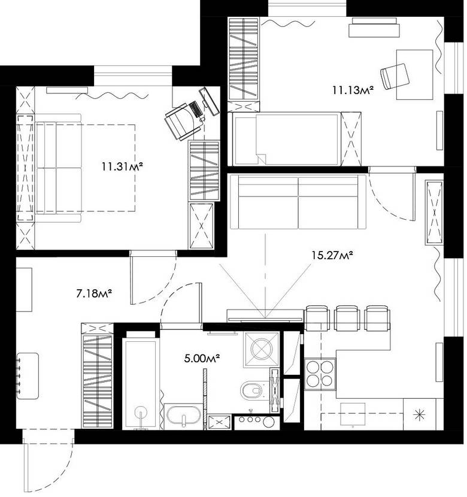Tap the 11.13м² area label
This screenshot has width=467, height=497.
pos(353,90)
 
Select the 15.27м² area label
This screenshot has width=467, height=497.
pos(331,256)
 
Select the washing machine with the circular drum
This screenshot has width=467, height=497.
pos(261,348)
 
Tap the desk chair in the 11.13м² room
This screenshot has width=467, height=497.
pos(396,75)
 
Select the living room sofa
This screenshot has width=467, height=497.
pos(298,202)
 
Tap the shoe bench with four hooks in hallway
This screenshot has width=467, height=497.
pos(28,376)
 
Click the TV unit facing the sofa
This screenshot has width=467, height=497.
pos(264,315)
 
